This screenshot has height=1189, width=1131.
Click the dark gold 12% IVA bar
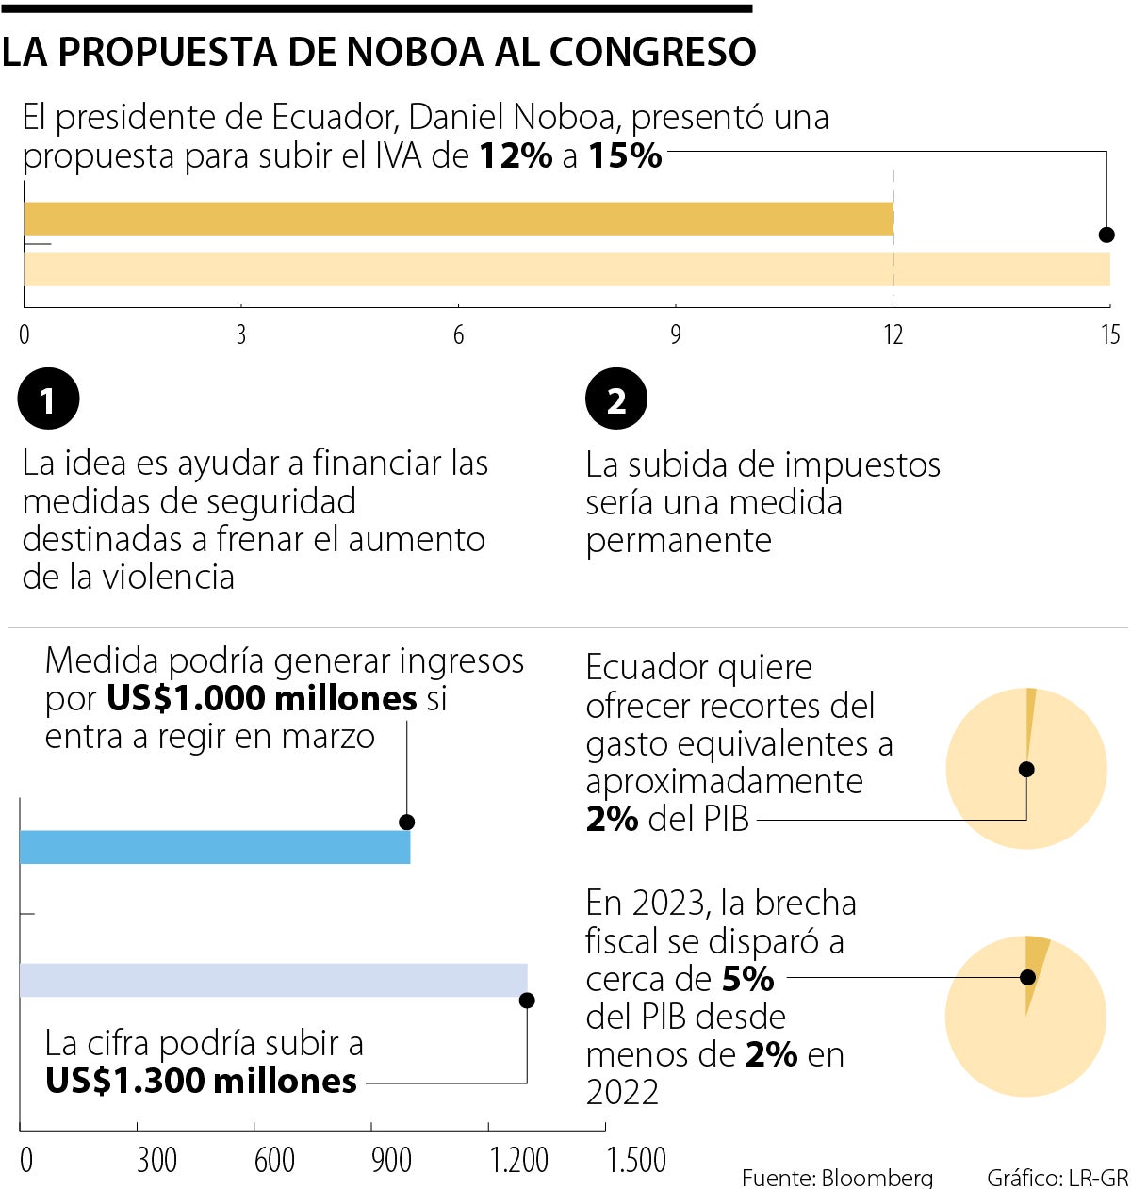tap(458, 219)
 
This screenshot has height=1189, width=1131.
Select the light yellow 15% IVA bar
tap(565, 269)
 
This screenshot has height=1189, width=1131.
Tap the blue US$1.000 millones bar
tap(215, 847)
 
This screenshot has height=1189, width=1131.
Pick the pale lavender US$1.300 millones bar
tap(273, 980)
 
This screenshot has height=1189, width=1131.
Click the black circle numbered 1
tap(48, 399)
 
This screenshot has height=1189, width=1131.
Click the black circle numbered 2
tap(616, 399)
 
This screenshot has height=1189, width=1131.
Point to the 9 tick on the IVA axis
tap(676, 334)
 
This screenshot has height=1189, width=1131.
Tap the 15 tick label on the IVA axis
tap(1109, 334)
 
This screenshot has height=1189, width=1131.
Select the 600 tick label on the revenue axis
tap(274, 1160)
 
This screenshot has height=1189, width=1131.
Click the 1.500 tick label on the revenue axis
tap(637, 1160)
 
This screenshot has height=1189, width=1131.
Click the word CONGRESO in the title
tap(652, 53)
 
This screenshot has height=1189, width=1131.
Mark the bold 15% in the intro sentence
tap(625, 155)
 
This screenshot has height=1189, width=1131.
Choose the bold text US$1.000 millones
tap(261, 698)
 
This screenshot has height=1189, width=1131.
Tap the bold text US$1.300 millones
tap(202, 1081)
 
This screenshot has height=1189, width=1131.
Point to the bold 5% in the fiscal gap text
tap(747, 979)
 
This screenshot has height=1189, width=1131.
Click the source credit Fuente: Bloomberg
tap(837, 1178)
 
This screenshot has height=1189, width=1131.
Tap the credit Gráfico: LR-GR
tap(1057, 1178)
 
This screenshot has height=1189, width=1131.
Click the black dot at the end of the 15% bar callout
tap(1106, 235)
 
